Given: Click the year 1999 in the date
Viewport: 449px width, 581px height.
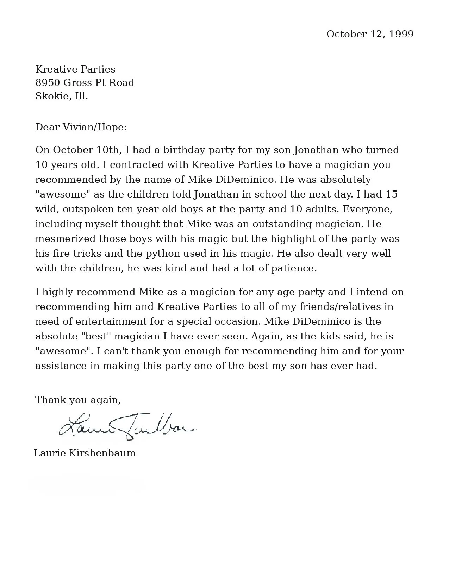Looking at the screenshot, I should (x=401, y=34).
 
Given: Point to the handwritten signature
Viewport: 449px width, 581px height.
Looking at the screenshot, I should (x=127, y=427).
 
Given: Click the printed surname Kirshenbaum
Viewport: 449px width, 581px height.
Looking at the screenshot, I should (x=102, y=453).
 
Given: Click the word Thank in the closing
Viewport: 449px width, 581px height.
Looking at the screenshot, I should (x=51, y=400).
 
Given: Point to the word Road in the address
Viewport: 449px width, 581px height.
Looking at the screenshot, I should (x=121, y=83).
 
